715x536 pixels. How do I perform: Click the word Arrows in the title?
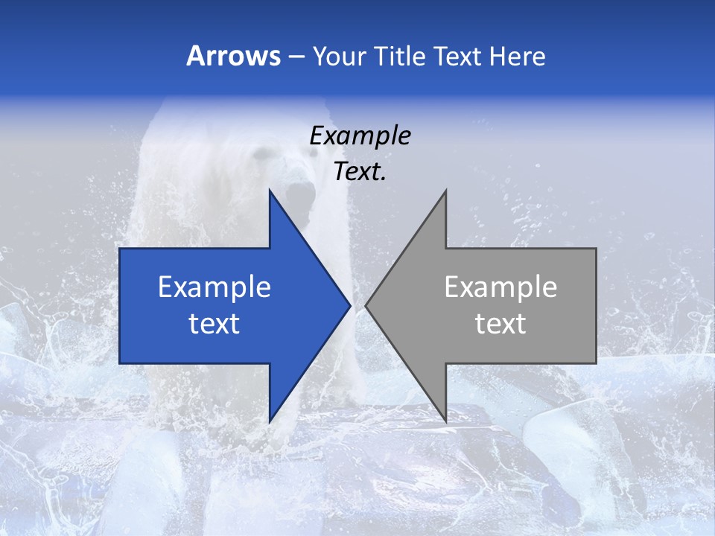pos(233,56)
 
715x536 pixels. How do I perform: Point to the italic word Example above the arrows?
pos(360,136)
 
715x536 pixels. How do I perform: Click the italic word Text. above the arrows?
pos(360,172)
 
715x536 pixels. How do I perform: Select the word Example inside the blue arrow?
pos(214,287)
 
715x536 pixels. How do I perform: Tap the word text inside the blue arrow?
pos(214,324)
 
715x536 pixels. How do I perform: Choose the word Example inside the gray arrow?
pos(500,287)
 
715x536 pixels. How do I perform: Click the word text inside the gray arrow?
pos(500,324)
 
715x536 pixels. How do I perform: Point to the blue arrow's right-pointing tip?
pos(349,306)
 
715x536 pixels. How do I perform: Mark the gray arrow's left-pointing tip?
pos(367,306)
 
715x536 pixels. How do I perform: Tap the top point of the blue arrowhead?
pos(270,192)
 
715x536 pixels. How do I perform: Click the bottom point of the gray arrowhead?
pos(445,421)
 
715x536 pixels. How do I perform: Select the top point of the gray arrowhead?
pos(445,192)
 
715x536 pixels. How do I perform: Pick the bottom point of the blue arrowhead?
pos(270,421)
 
